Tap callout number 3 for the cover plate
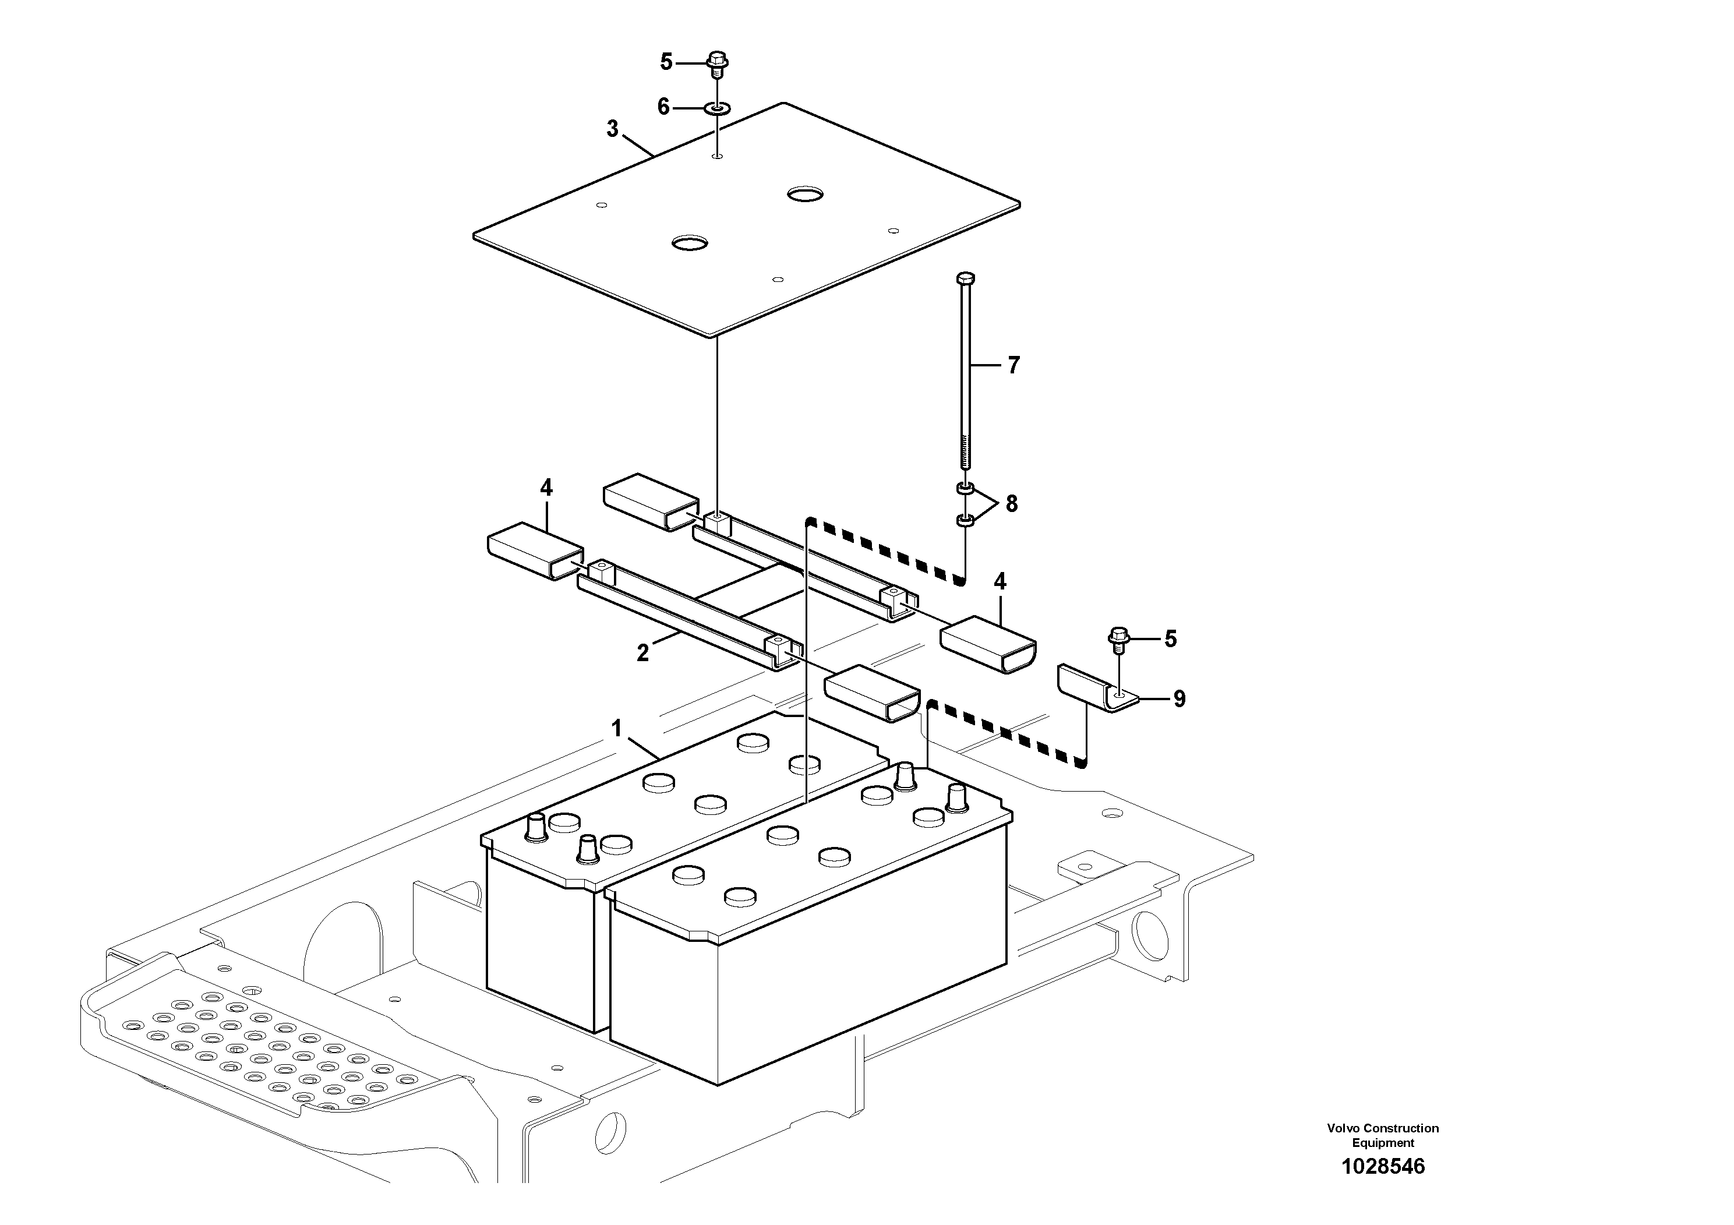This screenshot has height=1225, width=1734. (613, 129)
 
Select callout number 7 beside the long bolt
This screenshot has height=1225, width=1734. (1013, 366)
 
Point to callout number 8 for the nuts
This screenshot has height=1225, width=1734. (1011, 504)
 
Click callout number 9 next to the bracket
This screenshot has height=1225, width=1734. (1179, 700)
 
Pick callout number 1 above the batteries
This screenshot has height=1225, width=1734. (617, 729)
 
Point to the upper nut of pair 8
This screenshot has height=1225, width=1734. (965, 489)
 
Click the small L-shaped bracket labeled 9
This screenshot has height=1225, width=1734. (1095, 688)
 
